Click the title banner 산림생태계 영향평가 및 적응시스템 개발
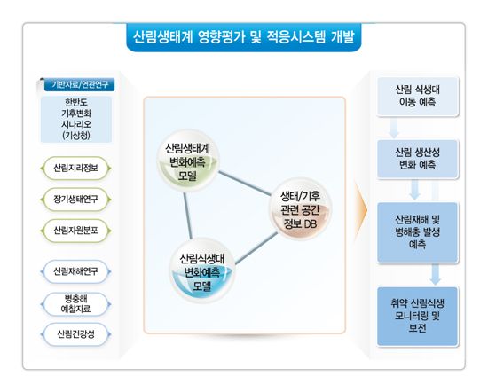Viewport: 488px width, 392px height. pyautogui.click(x=244, y=37)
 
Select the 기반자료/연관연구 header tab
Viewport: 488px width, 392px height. pyautogui.click(x=79, y=84)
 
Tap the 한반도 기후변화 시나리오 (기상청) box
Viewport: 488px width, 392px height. pyautogui.click(x=76, y=119)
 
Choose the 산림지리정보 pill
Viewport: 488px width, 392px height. pyautogui.click(x=75, y=169)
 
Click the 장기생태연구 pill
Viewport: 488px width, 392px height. pyautogui.click(x=75, y=200)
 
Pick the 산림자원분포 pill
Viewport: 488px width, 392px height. pyautogui.click(x=75, y=231)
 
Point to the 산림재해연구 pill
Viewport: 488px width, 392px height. pyautogui.click(x=75, y=271)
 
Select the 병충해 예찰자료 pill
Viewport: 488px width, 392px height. pyautogui.click(x=75, y=304)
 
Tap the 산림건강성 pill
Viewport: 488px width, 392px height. pyautogui.click(x=75, y=334)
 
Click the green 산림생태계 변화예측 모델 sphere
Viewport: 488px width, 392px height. pyautogui.click(x=187, y=161)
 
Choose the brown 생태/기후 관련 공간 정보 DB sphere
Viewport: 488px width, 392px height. pyautogui.click(x=300, y=209)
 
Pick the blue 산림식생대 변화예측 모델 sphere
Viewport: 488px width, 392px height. pyautogui.click(x=202, y=270)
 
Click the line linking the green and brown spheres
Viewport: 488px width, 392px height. pyautogui.click(x=245, y=184)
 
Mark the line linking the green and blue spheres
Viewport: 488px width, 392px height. pyautogui.click(x=187, y=216)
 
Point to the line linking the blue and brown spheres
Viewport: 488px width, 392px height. pyautogui.click(x=256, y=248)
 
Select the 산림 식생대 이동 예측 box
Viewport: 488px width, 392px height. pyautogui.click(x=418, y=97)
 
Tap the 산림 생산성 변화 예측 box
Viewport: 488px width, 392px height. pyautogui.click(x=418, y=159)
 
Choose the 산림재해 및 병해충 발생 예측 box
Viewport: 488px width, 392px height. pyautogui.click(x=418, y=232)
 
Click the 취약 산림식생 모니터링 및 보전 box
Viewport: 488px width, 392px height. pyautogui.click(x=418, y=316)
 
